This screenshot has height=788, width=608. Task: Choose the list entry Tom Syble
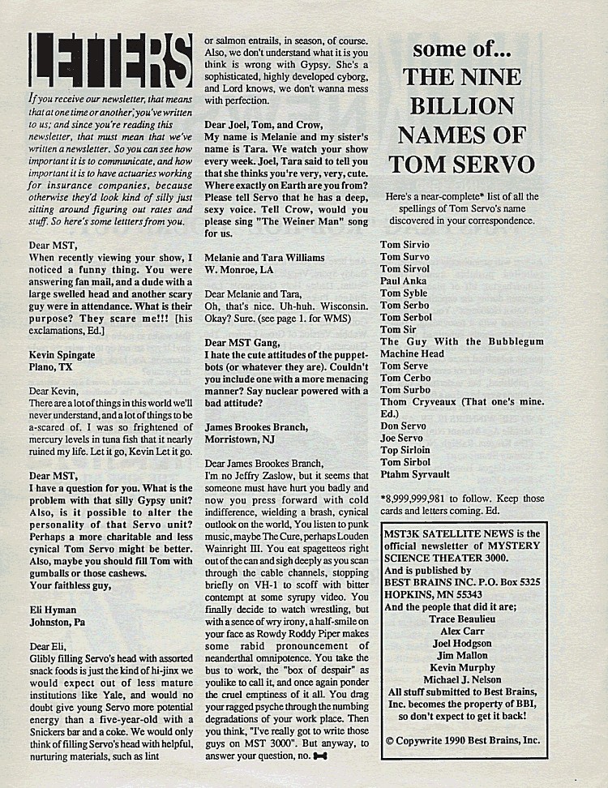point(404,293)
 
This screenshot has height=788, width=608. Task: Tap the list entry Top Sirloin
point(405,450)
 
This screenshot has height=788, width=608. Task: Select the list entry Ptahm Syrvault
point(415,474)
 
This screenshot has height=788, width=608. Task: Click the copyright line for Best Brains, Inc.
point(462,740)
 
